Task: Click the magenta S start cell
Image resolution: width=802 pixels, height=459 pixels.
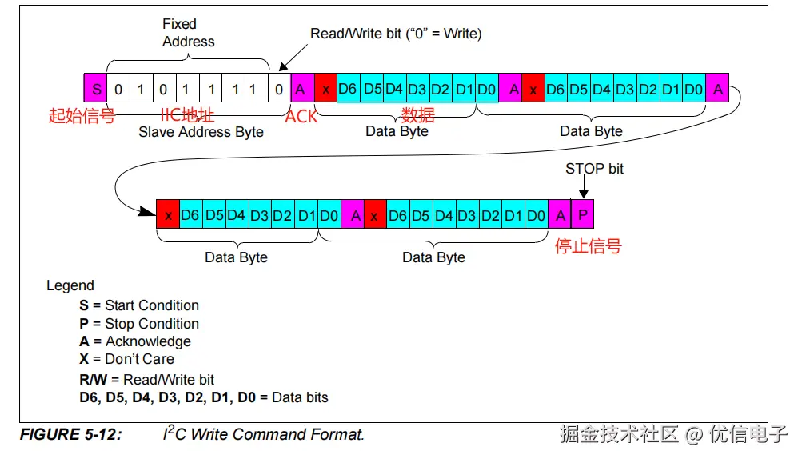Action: (x=95, y=89)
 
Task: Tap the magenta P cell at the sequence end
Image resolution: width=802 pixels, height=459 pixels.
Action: (x=582, y=216)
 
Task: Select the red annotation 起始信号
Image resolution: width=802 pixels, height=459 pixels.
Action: (x=82, y=116)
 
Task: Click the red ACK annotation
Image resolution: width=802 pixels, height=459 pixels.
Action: (x=301, y=117)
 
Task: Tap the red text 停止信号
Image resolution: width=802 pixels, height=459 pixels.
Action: (x=588, y=246)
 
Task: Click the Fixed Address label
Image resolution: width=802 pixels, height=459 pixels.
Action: (x=189, y=33)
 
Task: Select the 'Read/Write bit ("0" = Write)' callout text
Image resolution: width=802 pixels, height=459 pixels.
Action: (x=396, y=34)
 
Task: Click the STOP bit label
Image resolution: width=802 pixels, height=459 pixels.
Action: (x=594, y=169)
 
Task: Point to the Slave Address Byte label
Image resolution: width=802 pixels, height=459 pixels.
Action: (x=201, y=132)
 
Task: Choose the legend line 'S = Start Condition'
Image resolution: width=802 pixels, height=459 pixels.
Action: (x=139, y=305)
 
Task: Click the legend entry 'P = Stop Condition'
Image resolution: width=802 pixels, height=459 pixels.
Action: (x=139, y=324)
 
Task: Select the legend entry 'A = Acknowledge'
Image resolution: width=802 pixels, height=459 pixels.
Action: (x=135, y=341)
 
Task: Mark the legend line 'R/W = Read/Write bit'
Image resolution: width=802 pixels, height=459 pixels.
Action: (x=147, y=380)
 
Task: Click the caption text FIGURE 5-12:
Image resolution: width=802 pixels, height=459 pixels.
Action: (x=70, y=435)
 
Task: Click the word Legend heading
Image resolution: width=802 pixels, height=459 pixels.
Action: (x=70, y=285)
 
